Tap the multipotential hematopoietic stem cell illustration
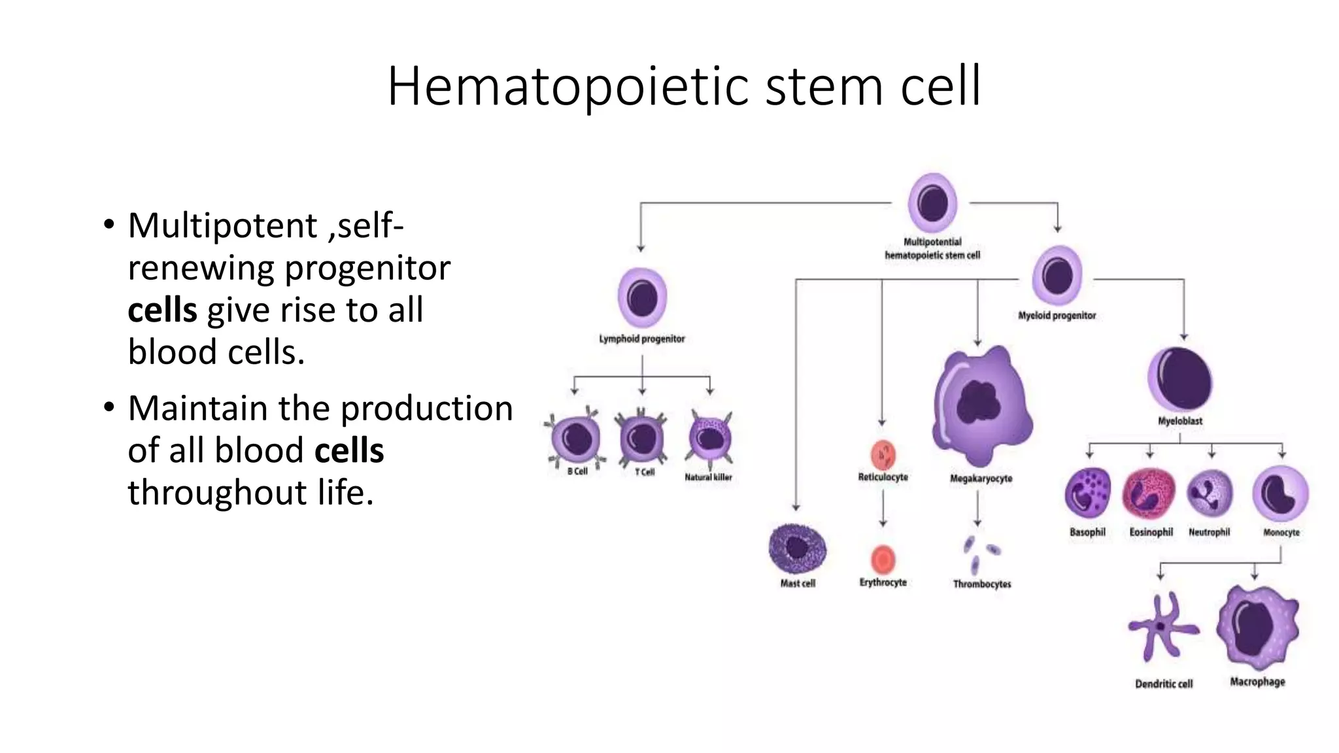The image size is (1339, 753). click(932, 203)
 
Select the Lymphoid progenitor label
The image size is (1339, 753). click(642, 339)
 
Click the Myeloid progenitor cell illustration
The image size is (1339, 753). click(1057, 276)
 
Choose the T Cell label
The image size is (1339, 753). click(645, 472)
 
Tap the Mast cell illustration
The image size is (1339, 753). click(797, 549)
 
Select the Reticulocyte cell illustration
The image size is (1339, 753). click(883, 454)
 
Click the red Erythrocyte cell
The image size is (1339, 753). click(883, 560)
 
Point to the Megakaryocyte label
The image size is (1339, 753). click(981, 478)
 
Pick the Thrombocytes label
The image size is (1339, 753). click(981, 584)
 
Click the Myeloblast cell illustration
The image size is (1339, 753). click(1180, 380)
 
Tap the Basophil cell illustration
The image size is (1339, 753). click(1087, 494)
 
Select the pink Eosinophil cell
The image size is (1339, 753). click(1149, 494)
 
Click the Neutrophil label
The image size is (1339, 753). click(1209, 532)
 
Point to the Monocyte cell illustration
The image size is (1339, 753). click(1280, 494)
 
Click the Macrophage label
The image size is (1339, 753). click(1257, 682)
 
